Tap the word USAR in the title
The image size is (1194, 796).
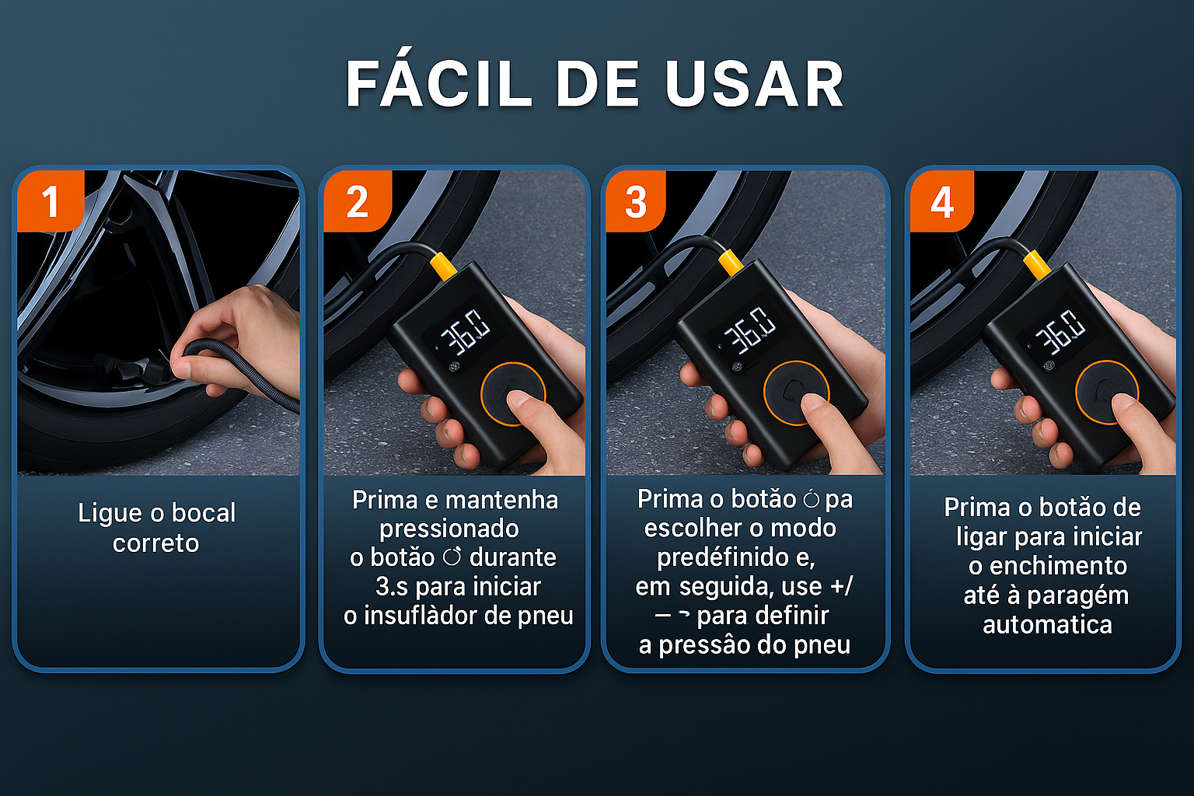click(755, 84)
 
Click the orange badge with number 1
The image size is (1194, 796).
click(50, 201)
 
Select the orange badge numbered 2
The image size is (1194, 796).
click(357, 201)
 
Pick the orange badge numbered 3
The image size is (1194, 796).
click(636, 201)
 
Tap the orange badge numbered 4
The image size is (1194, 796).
click(942, 201)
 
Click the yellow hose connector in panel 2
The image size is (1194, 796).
click(442, 267)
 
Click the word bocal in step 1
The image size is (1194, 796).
click(203, 513)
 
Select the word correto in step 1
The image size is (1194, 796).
click(155, 544)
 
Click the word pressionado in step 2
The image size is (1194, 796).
click(449, 529)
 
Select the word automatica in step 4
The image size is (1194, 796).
click(1047, 625)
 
